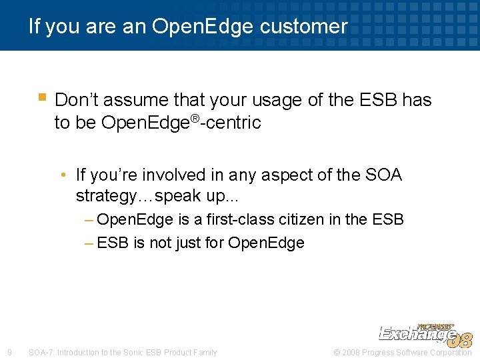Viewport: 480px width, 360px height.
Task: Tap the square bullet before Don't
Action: tap(42, 97)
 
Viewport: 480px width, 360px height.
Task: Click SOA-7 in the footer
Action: tap(41, 353)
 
